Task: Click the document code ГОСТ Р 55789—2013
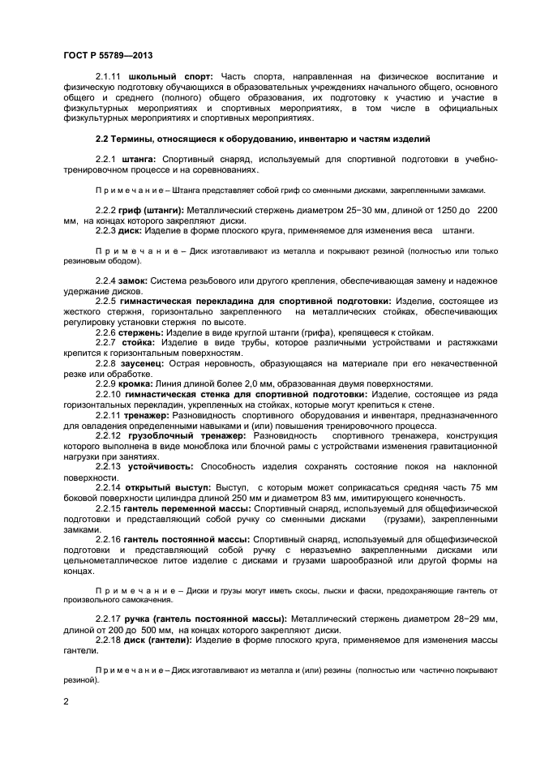coord(108,55)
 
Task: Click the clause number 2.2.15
coord(110,507)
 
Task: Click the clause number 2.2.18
coord(110,640)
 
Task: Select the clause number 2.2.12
coord(110,435)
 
